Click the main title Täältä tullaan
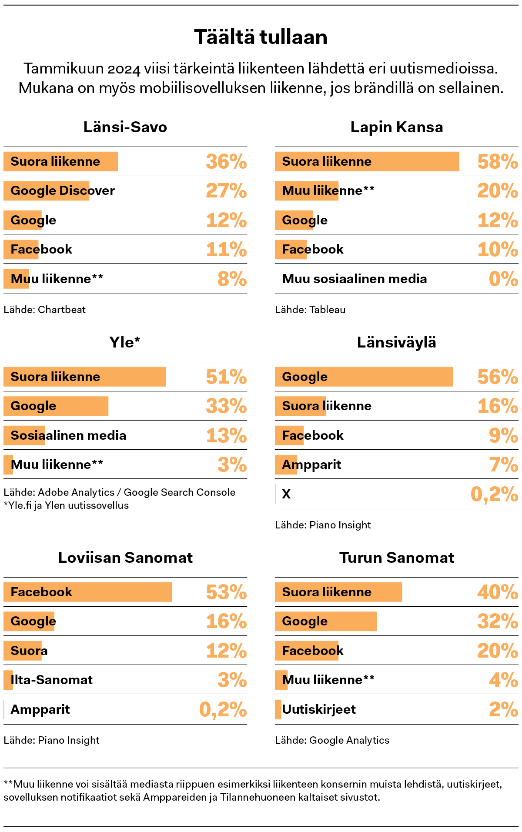[261, 37]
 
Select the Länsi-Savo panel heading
[125, 127]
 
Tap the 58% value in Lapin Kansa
[497, 162]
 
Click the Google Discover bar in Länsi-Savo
[47, 190]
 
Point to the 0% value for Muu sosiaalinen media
[503, 279]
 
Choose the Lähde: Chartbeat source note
[45, 310]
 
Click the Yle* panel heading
[125, 342]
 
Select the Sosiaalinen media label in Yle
[68, 435]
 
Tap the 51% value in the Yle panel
[226, 377]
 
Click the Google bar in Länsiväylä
[364, 377]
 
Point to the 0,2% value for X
[494, 494]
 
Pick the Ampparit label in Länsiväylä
[311, 464]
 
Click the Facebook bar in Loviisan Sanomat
[88, 592]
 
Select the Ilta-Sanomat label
[52, 680]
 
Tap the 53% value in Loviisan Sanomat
[226, 592]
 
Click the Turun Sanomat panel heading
[396, 558]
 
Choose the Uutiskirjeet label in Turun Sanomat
[319, 709]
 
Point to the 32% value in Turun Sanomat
[497, 621]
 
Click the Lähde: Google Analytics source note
[332, 740]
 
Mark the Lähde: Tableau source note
[310, 310]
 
